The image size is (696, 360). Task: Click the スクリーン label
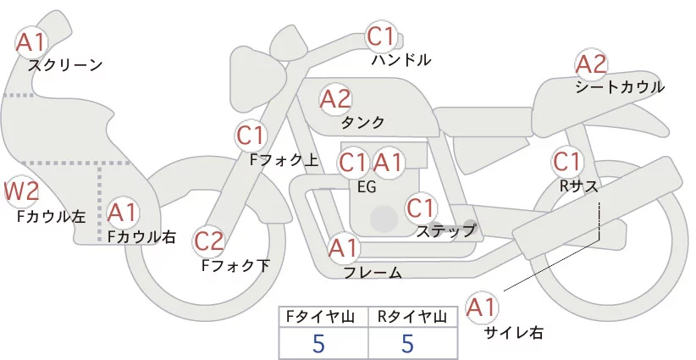(65, 65)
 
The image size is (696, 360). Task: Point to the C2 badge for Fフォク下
(209, 241)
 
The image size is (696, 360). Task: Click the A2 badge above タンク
(335, 99)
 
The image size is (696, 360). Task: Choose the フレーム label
(373, 273)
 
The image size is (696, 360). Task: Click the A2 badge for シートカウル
(591, 64)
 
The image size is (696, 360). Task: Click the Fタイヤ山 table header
(323, 317)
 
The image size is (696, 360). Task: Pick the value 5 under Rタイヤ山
(408, 344)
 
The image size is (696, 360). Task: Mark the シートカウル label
(620, 87)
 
